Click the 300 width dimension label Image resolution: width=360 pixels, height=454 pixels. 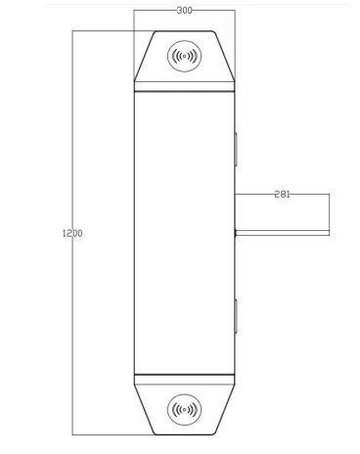click(185, 11)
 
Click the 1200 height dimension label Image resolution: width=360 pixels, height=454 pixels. click(72, 233)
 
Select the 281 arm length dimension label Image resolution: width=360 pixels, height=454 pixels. click(282, 195)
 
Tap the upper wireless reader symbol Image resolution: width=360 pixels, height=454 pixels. click(184, 56)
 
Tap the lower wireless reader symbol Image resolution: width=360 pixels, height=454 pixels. click(184, 410)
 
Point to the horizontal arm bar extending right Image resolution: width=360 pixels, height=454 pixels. click(283, 233)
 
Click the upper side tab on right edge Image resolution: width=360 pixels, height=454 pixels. click(236, 150)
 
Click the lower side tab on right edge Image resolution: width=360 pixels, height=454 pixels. click(236, 316)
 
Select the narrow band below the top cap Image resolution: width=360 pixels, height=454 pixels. click(184, 86)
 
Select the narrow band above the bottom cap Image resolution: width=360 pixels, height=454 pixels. click(184, 380)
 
